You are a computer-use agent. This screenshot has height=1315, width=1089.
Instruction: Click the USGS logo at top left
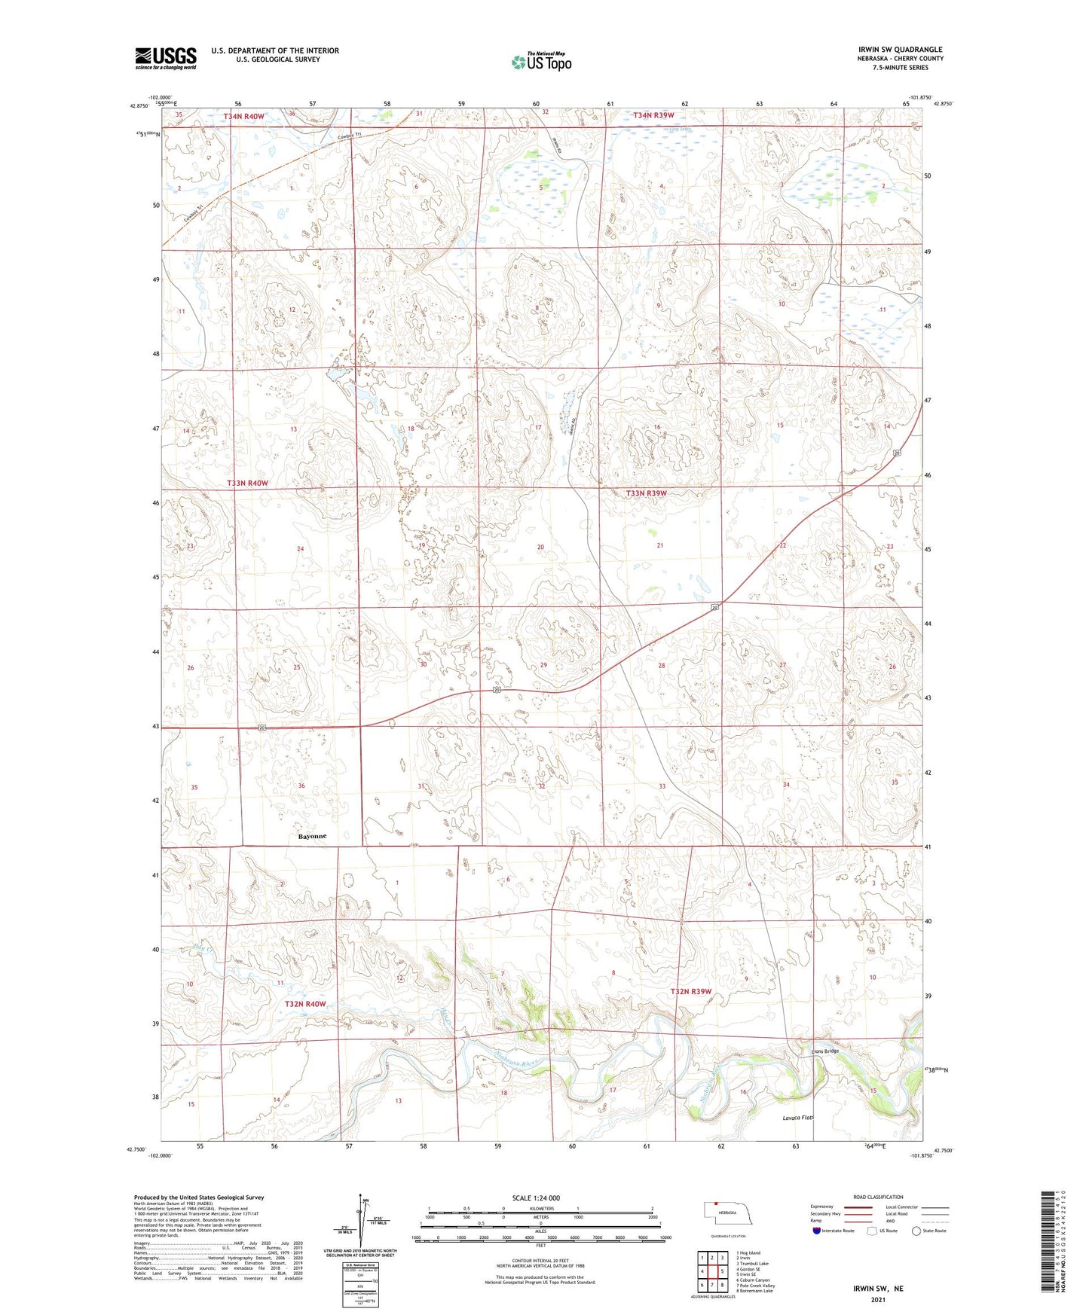pyautogui.click(x=166, y=58)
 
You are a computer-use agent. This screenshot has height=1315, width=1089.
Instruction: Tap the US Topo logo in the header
pyautogui.click(x=541, y=62)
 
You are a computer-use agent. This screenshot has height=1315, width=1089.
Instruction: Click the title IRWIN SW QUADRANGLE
pyautogui.click(x=900, y=50)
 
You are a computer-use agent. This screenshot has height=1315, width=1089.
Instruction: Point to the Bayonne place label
pyautogui.click(x=312, y=836)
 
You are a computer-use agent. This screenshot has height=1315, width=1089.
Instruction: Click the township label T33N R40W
pyautogui.click(x=247, y=483)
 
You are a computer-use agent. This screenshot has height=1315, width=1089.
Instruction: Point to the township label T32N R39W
pyautogui.click(x=690, y=991)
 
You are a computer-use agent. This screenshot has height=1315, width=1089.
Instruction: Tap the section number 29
pyautogui.click(x=543, y=665)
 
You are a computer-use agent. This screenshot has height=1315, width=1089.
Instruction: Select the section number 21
pyautogui.click(x=660, y=545)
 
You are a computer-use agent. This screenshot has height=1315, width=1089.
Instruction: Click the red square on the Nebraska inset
pyautogui.click(x=716, y=1213)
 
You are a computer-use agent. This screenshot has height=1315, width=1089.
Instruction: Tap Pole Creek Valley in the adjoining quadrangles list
pyautogui.click(x=755, y=1286)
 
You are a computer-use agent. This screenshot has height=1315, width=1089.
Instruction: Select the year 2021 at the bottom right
pyautogui.click(x=878, y=1299)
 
